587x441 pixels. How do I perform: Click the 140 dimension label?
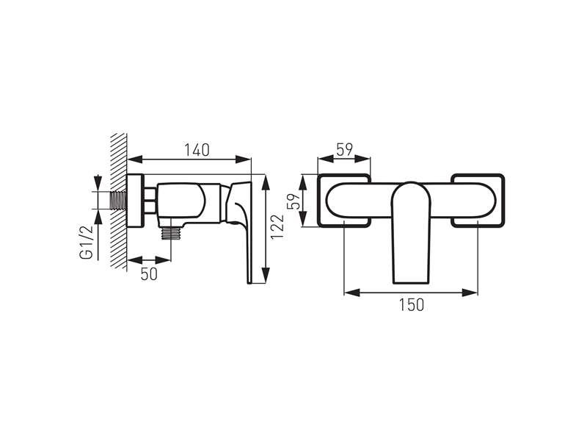(x=197, y=150)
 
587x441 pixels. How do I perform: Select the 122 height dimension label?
(x=277, y=227)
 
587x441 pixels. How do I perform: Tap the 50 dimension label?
(x=149, y=274)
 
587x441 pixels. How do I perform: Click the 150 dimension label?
(x=411, y=305)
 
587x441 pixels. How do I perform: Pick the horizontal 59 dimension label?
(x=344, y=150)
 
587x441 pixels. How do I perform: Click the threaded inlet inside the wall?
(x=118, y=201)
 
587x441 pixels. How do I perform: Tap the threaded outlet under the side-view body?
(x=171, y=233)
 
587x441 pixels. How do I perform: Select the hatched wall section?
(x=120, y=201)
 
